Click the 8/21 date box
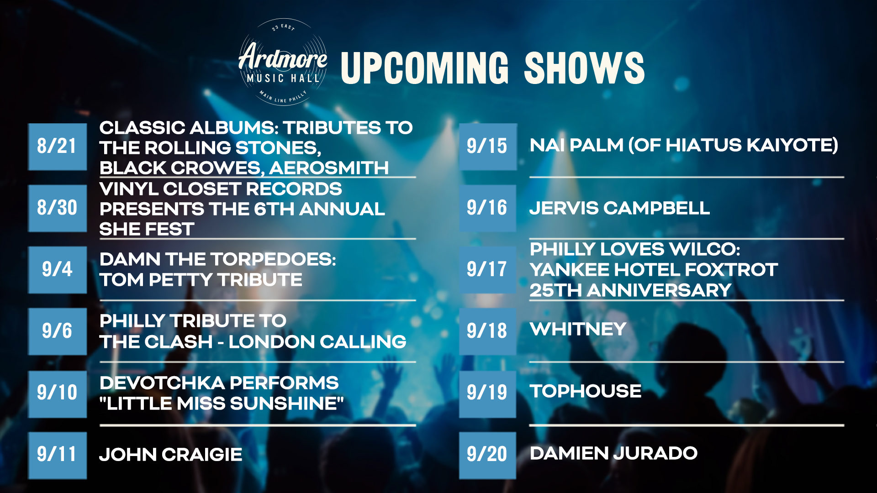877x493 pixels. click(x=58, y=147)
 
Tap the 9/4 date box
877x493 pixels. click(x=58, y=270)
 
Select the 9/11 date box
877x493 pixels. click(x=58, y=455)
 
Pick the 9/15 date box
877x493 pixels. click(x=488, y=147)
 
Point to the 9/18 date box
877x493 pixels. click(x=488, y=331)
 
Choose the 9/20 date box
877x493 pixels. click(x=488, y=455)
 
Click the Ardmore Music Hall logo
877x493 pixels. click(x=283, y=62)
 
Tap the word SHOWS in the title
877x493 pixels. click(x=584, y=68)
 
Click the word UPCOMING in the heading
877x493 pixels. click(x=424, y=68)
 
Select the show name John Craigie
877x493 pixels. click(x=171, y=455)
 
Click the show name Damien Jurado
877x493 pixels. click(x=613, y=453)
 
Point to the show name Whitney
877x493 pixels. click(x=578, y=329)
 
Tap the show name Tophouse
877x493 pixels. click(x=586, y=391)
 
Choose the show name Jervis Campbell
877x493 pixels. click(x=620, y=208)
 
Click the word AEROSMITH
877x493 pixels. click(x=329, y=168)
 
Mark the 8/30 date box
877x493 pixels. click(x=58, y=208)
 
